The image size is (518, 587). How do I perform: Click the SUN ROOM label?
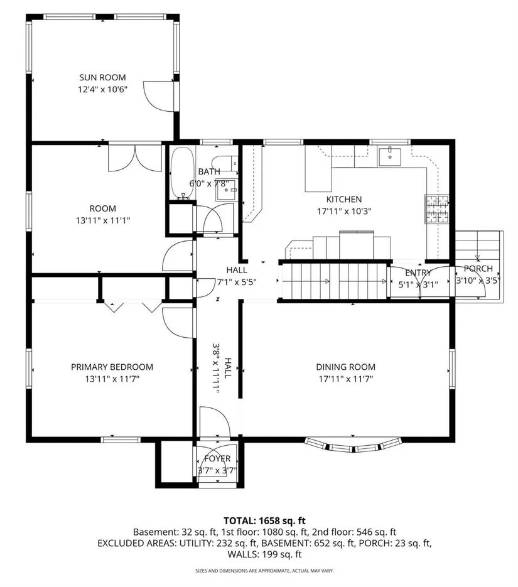point(102,77)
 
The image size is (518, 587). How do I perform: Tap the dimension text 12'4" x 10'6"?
point(103,90)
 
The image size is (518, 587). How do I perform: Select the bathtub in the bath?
point(182,173)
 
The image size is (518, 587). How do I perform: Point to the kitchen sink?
point(390,157)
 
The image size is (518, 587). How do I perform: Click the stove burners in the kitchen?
point(437,209)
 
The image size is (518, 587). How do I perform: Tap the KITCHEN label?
point(344,200)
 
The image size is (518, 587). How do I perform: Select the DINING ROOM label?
point(345,367)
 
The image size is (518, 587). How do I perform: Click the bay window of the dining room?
point(353,445)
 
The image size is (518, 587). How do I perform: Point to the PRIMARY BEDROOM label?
point(112,367)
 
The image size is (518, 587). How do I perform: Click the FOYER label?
point(217,458)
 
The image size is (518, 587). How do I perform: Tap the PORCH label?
point(478,269)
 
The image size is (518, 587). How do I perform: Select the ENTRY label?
point(418,273)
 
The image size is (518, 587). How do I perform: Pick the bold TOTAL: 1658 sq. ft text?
point(264,520)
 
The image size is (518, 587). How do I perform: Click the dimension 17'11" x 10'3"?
point(344,212)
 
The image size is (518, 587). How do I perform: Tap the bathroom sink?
point(227,190)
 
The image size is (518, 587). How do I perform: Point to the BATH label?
point(209,172)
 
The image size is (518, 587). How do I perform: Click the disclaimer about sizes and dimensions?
point(264,571)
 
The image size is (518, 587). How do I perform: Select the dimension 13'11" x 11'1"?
point(103,220)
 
